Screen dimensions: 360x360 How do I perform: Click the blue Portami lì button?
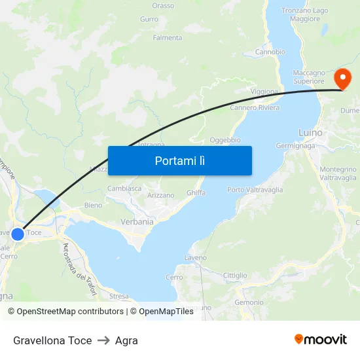click(x=179, y=160)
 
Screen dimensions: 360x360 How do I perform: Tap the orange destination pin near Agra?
click(x=342, y=79)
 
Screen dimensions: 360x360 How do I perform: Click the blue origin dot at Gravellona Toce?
click(x=18, y=234)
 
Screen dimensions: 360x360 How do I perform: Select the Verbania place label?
click(x=137, y=222)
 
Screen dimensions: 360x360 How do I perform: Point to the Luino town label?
click(x=310, y=133)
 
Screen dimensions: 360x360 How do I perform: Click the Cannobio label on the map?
click(x=270, y=52)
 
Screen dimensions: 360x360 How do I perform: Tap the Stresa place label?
click(x=119, y=296)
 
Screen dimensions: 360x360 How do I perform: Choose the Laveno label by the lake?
click(x=196, y=258)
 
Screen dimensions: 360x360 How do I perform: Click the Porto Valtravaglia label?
click(x=255, y=190)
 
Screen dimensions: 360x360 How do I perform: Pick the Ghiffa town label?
click(x=196, y=192)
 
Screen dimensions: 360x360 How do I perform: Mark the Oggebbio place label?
click(x=225, y=140)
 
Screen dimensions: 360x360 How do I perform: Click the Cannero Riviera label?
click(x=255, y=108)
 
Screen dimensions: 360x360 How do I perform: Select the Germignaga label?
click(x=297, y=146)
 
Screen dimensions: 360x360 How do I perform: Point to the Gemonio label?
click(x=249, y=302)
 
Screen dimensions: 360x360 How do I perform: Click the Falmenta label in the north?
click(x=168, y=38)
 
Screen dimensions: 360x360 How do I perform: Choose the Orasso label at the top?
click(x=163, y=6)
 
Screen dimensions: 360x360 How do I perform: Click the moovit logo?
click(x=320, y=340)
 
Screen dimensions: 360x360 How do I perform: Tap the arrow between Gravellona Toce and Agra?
click(x=103, y=340)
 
